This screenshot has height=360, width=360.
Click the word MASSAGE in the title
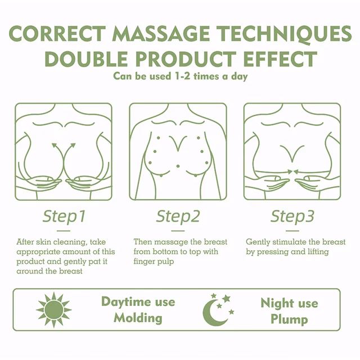click(x=161, y=34)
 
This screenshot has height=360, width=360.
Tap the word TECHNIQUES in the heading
click(x=284, y=34)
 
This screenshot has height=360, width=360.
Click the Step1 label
click(x=64, y=217)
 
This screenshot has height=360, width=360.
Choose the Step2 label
click(x=178, y=217)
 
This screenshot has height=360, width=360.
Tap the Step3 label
click(x=292, y=217)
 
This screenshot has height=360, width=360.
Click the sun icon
click(x=54, y=309)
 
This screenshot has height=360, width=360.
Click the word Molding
click(x=138, y=318)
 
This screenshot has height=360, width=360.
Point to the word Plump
click(x=289, y=319)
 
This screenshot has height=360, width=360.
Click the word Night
click(x=274, y=303)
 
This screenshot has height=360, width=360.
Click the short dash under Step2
click(x=178, y=231)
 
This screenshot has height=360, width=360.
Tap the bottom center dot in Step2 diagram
click(x=178, y=166)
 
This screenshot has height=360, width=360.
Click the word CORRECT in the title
click(x=57, y=34)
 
